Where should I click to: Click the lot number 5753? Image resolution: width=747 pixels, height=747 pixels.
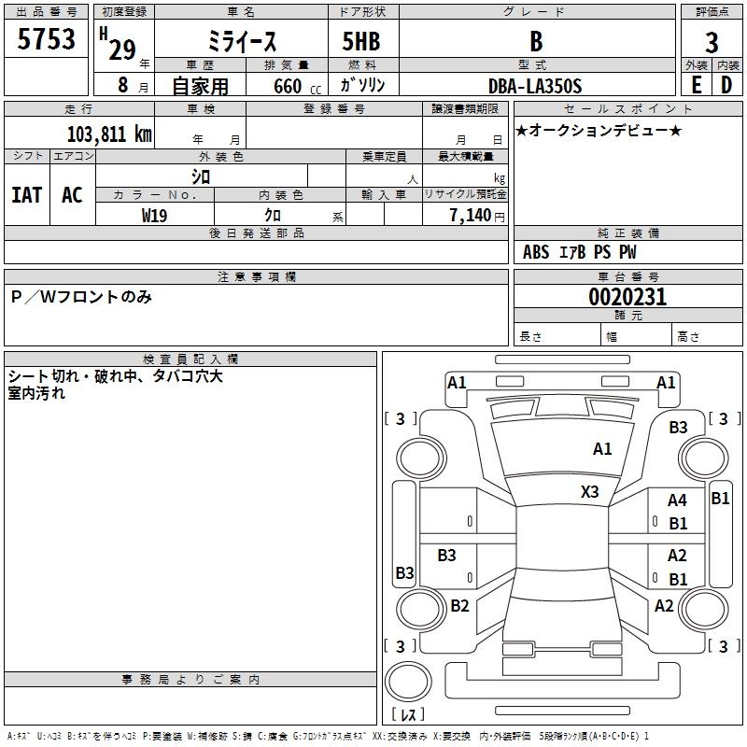tap(46, 38)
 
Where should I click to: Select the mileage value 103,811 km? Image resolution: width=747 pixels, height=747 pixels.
tap(109, 134)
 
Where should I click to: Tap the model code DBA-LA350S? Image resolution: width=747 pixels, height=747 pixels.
tap(535, 86)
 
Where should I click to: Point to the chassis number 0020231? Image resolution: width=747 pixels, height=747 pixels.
tap(627, 297)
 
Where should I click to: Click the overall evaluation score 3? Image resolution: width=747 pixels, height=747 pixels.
tap(712, 43)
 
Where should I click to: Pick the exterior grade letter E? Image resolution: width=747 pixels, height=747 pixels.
tap(696, 86)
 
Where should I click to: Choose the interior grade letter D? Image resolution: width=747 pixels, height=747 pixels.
tap(726, 86)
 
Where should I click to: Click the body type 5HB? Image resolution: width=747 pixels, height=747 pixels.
tap(361, 41)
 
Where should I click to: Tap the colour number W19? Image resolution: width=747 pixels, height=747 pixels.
tap(154, 216)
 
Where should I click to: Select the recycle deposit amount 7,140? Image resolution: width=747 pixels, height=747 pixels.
tap(471, 216)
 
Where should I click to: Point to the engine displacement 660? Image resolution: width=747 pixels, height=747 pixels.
tap(288, 86)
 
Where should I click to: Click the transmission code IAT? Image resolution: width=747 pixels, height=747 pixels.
tap(27, 195)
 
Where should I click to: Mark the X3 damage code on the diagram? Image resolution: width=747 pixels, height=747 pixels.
tap(589, 492)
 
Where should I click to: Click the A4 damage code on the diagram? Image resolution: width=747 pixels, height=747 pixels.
tap(677, 500)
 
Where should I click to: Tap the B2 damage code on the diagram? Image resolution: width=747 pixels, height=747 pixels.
tap(459, 605)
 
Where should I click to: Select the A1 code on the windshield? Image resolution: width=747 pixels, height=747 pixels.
tap(602, 449)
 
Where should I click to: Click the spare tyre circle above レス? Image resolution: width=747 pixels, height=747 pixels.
tap(408, 682)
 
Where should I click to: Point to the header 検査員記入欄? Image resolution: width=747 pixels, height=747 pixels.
tap(190, 359)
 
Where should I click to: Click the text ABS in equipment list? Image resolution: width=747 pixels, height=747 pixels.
tap(536, 252)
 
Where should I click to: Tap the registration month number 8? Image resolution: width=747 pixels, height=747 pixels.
tap(123, 85)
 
